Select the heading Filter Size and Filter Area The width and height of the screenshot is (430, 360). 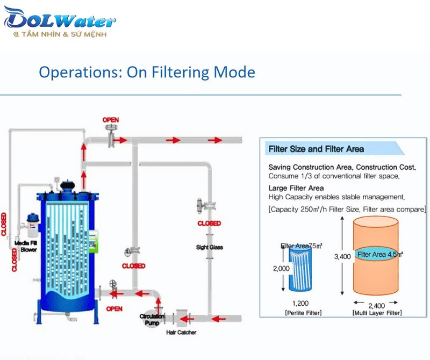(316, 149)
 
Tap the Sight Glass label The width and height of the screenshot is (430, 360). (209, 247)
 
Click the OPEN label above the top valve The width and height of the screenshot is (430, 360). (111, 119)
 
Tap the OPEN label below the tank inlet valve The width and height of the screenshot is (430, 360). (114, 309)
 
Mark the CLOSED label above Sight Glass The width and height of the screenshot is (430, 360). (209, 223)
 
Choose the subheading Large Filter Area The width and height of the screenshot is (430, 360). (296, 188)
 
